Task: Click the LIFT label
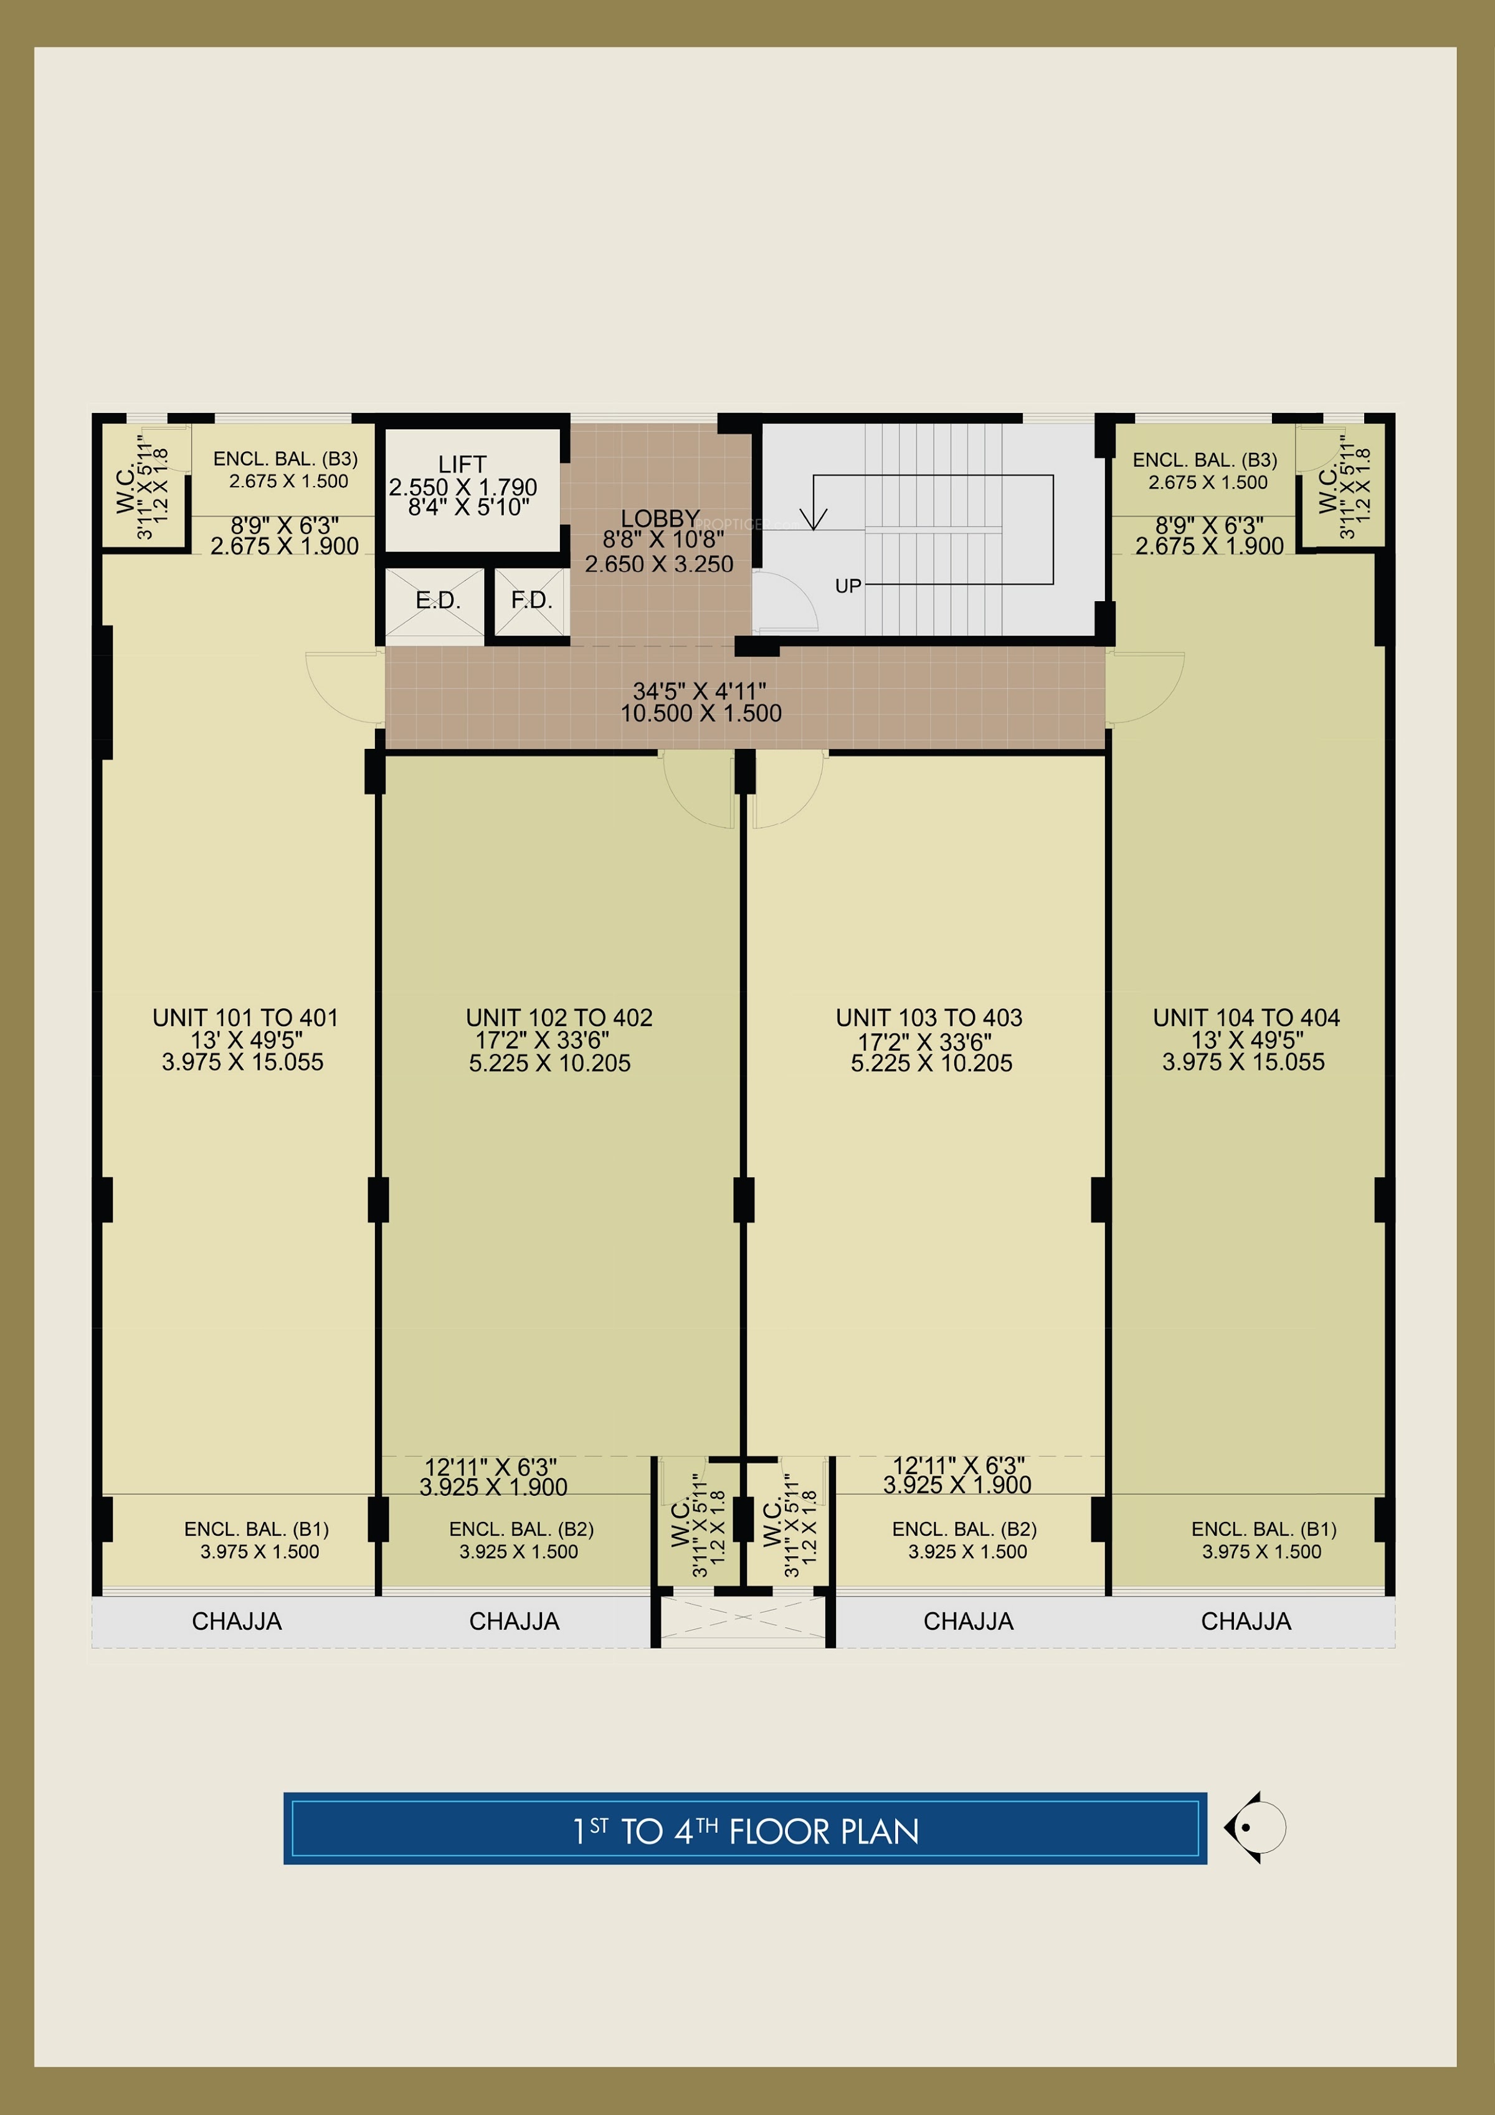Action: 462,464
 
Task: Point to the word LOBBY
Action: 660,518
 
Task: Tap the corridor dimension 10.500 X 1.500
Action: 701,713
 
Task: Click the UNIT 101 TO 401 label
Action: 245,1018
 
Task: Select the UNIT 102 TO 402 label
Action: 559,1018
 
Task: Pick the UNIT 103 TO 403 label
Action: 929,1018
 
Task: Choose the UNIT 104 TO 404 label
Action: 1246,1018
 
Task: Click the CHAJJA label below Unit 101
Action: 237,1621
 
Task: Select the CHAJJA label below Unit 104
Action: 1246,1621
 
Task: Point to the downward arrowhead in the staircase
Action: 814,520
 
